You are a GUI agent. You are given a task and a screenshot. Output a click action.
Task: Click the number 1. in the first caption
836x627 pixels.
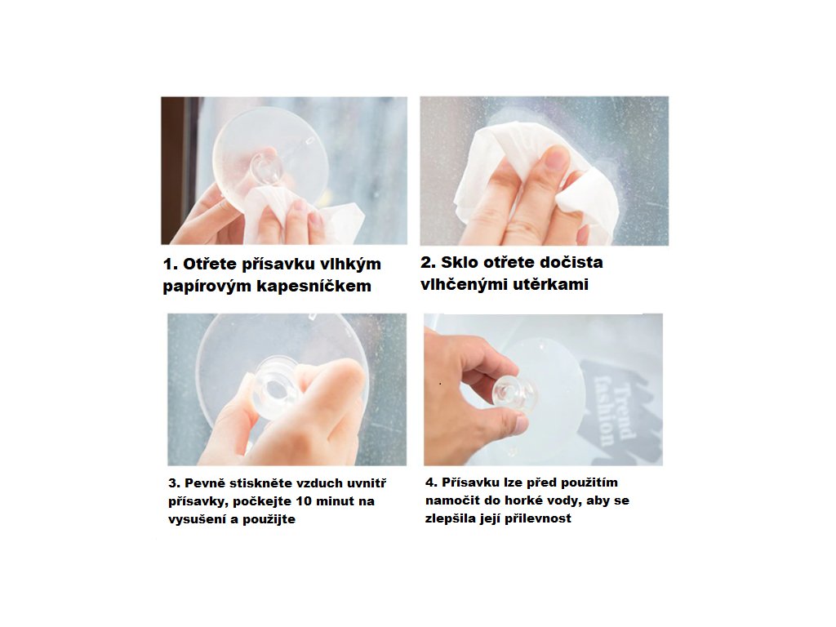[171, 265]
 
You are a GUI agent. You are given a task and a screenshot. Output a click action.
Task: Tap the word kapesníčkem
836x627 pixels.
[314, 287]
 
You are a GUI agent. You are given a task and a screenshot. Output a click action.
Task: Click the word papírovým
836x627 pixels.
[207, 287]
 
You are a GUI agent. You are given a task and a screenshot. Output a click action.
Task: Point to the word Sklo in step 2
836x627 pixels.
[460, 262]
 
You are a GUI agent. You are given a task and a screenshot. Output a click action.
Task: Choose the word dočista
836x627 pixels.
[570, 262]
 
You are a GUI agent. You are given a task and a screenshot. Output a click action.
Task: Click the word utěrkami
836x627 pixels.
[551, 285]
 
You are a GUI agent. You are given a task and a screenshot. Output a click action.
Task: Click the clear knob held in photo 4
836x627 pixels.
[513, 394]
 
